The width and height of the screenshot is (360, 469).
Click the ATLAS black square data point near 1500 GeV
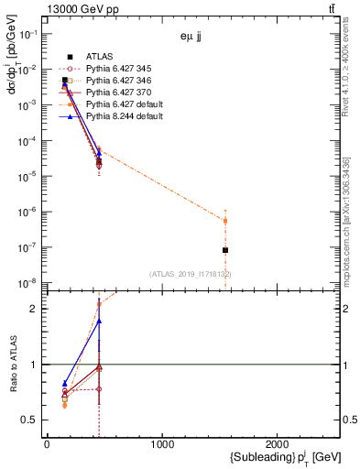[225, 250]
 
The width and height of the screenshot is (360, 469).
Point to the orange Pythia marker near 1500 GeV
[225, 221]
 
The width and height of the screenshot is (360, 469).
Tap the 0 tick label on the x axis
[47, 444]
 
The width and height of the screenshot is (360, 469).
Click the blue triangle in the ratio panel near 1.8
[99, 322]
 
